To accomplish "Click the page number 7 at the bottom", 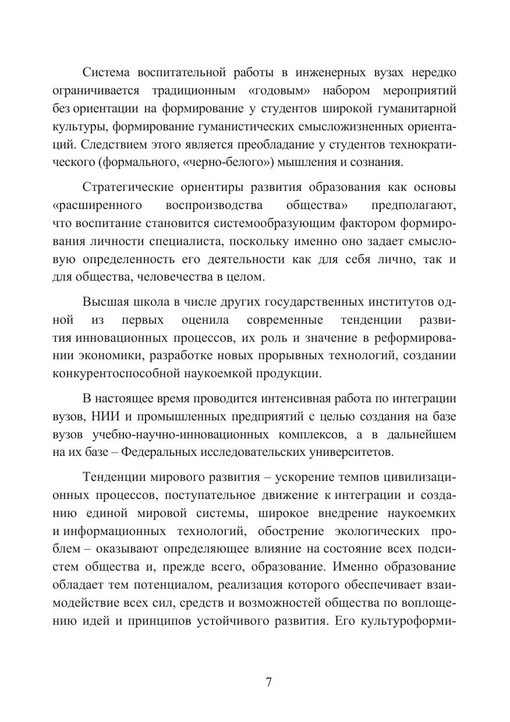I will [268, 682].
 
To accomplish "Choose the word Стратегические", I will [130, 187].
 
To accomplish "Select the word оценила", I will [205, 320].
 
